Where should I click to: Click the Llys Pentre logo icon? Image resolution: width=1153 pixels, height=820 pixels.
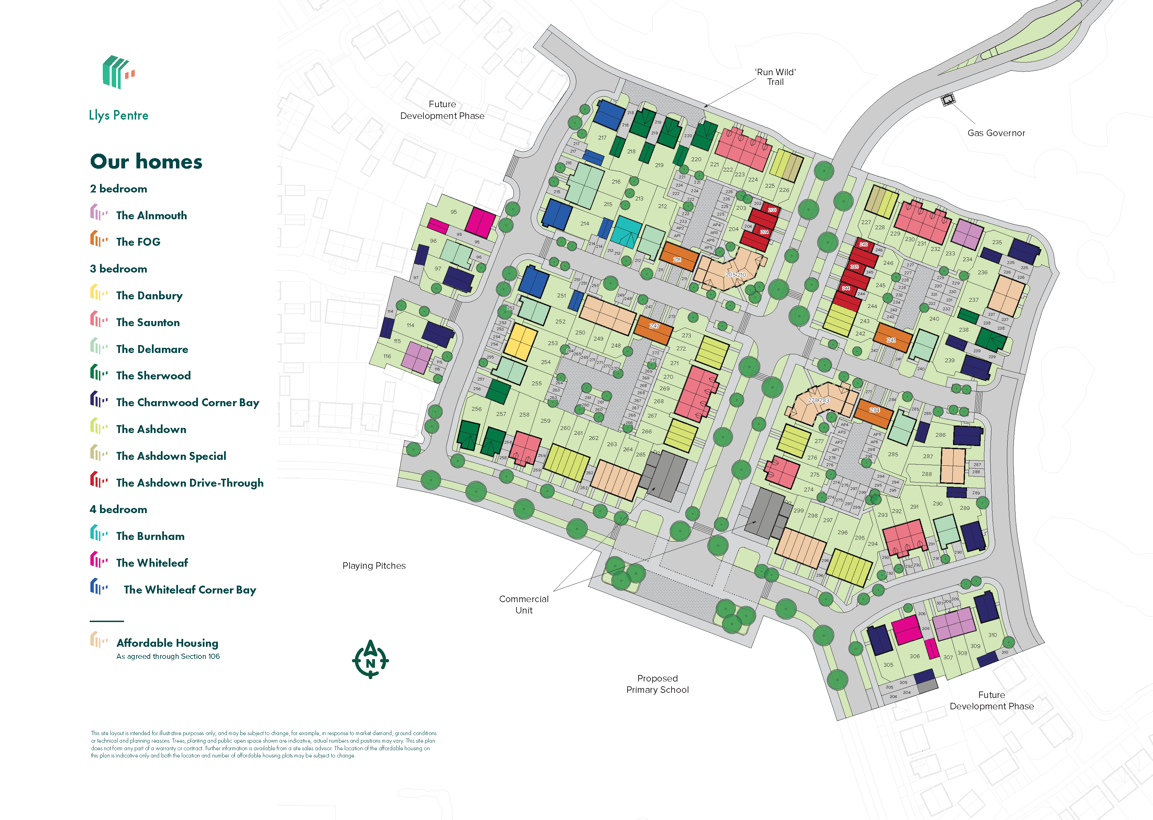click(x=118, y=72)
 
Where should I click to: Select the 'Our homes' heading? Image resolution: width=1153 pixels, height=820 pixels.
click(x=146, y=162)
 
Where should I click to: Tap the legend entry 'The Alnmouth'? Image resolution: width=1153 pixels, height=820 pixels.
click(x=152, y=215)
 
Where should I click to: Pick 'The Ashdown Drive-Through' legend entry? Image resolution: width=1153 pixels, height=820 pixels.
click(x=189, y=483)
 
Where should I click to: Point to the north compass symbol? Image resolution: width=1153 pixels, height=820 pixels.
click(x=370, y=660)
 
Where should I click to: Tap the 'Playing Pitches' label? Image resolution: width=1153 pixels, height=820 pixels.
click(x=374, y=566)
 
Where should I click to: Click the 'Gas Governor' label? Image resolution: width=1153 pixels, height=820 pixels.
click(x=996, y=133)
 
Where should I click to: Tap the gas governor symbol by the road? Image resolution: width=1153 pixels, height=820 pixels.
click(x=948, y=100)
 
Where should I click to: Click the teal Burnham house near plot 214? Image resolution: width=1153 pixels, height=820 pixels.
click(x=626, y=232)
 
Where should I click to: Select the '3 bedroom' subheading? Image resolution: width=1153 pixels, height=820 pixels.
click(x=119, y=269)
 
